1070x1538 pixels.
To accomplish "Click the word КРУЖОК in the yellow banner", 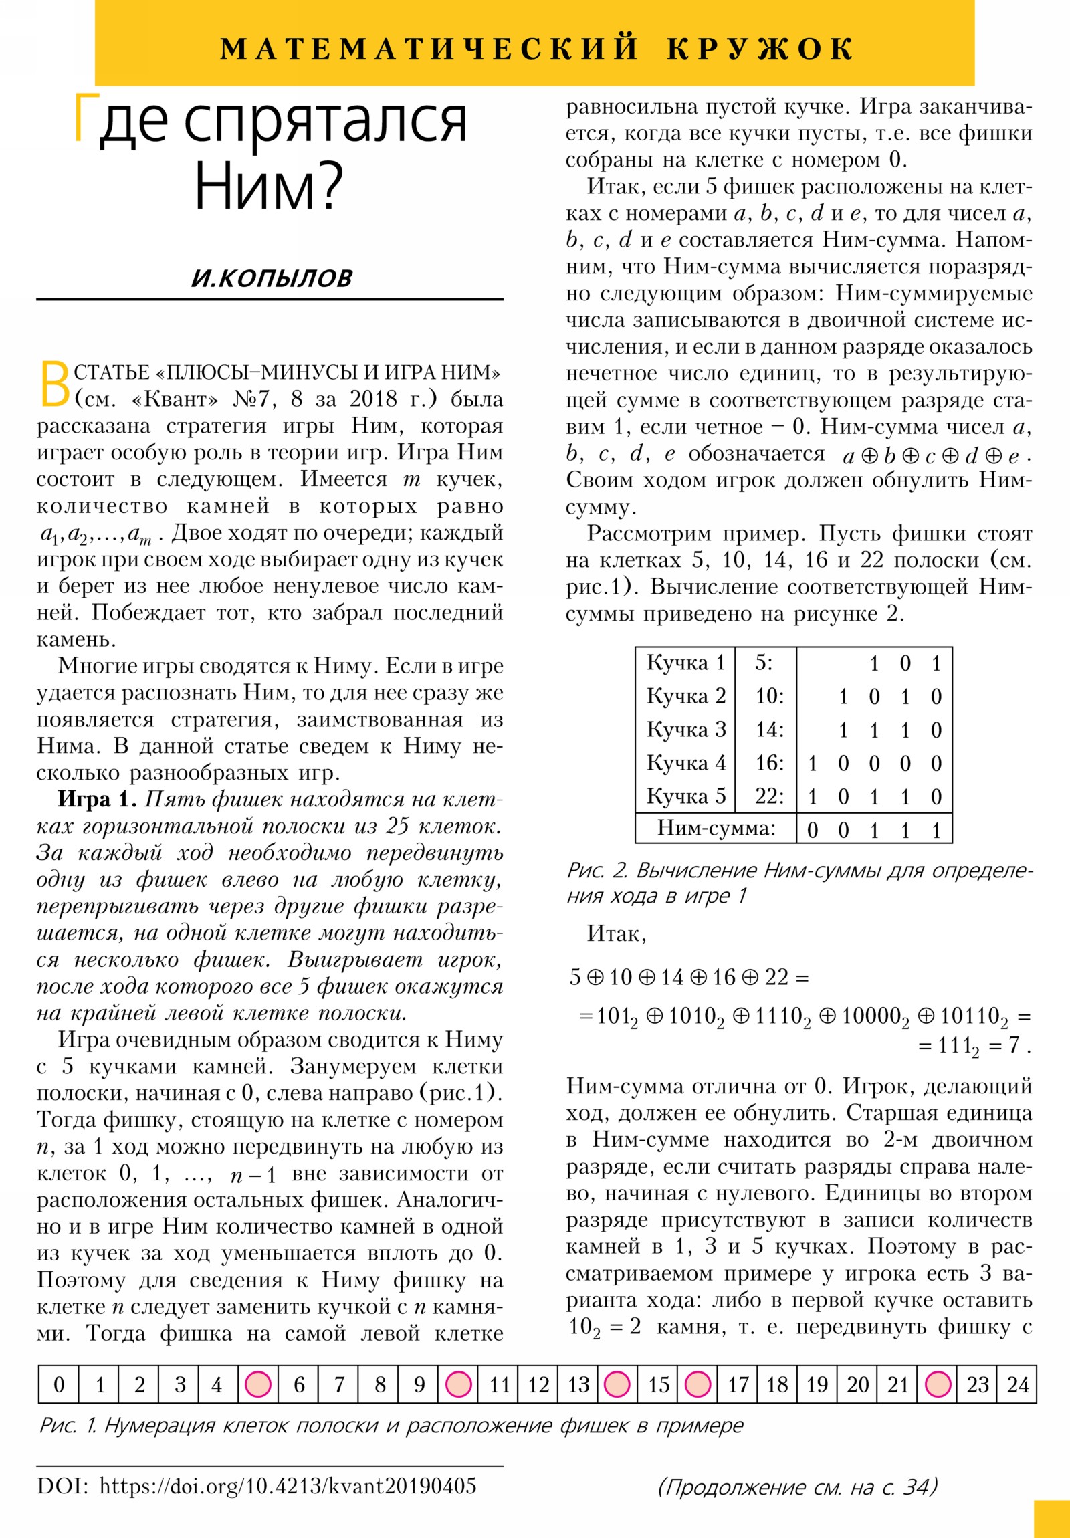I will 760,49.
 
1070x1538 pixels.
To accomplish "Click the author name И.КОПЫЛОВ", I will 271,278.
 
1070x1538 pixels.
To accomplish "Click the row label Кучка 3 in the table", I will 685,729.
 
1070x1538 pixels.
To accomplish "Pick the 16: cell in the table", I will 769,762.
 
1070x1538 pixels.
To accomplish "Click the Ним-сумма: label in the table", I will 716,828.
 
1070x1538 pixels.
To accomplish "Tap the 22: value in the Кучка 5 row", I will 769,796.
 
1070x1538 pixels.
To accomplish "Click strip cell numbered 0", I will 59,1384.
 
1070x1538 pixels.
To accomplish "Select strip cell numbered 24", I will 1017,1384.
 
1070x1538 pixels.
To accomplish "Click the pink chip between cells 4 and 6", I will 259,1384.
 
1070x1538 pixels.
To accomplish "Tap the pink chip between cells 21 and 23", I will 938,1384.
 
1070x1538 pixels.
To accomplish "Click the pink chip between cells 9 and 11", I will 459,1384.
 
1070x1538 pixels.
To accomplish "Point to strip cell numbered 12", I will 539,1384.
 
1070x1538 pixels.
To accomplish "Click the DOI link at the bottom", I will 288,1487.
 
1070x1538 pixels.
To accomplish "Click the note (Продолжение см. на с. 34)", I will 797,1487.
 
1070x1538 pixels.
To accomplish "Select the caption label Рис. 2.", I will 597,870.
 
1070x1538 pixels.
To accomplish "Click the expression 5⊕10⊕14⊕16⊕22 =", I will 689,978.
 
